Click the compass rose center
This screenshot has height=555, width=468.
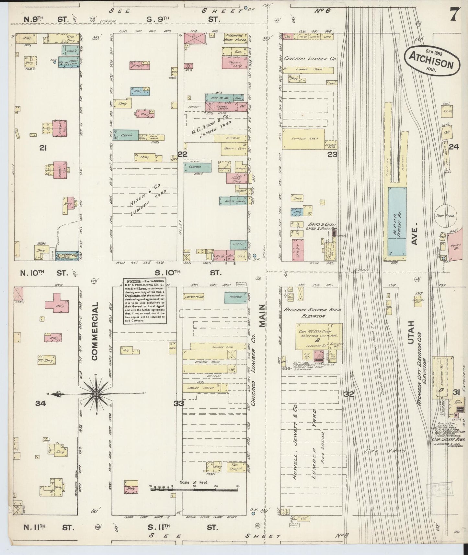point(96,393)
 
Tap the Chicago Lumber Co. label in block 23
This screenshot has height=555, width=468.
point(310,59)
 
